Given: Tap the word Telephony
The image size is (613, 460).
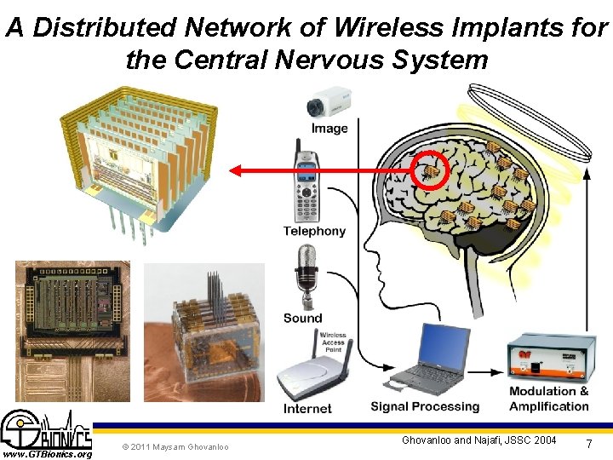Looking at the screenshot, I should pos(315,231).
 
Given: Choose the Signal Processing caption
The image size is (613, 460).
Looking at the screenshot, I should pos(425,407).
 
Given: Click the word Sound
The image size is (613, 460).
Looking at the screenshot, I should pos(303,318).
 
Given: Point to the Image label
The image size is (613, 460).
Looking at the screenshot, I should pos(329,129).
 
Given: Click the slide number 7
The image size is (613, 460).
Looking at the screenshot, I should pos(589,446).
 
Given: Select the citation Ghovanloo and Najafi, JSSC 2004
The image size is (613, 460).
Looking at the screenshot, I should pos(480,440).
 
